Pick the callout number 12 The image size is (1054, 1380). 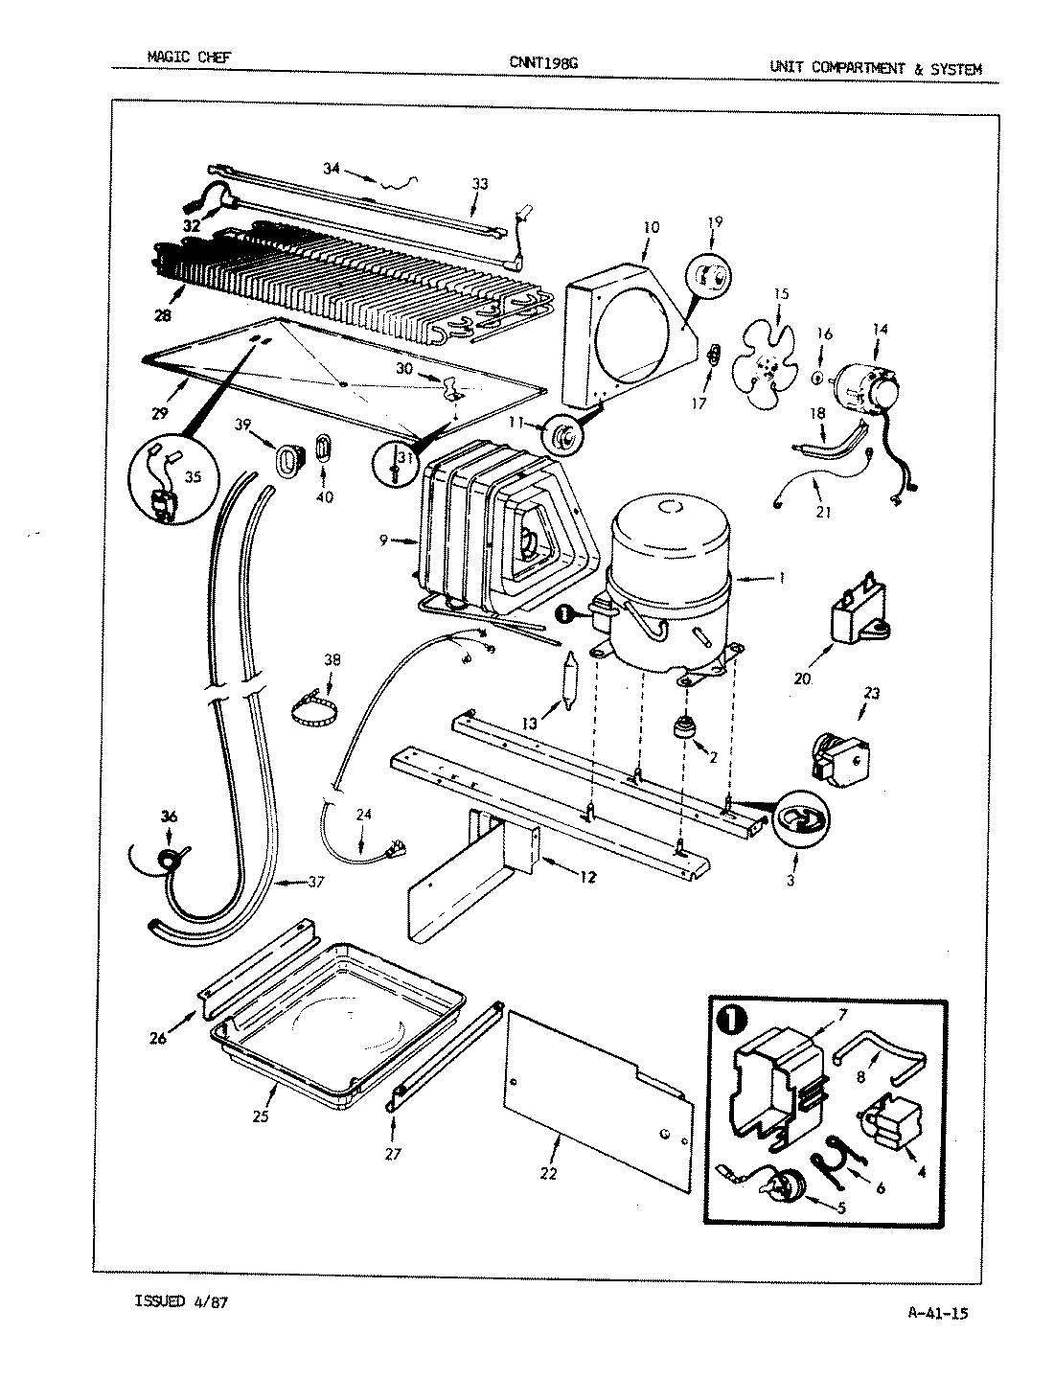pos(588,875)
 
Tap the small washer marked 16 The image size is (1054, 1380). pos(816,378)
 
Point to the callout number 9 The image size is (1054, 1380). pos(382,541)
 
